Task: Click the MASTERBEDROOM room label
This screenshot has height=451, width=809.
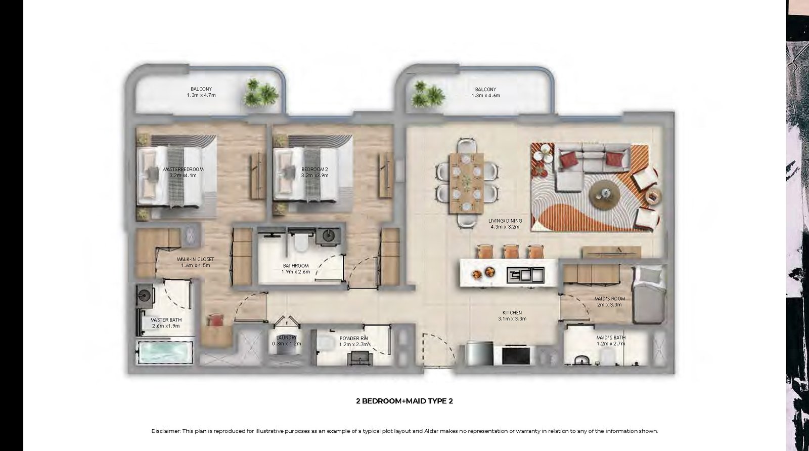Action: (183, 169)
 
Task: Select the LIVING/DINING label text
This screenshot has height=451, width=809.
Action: (505, 221)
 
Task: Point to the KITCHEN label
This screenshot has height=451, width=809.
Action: (512, 312)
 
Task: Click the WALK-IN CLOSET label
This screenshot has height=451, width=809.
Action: (195, 259)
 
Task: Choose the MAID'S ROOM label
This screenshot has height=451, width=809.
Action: (610, 298)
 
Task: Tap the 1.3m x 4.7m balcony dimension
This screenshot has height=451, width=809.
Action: (201, 95)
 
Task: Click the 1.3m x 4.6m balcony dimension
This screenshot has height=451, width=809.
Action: (486, 96)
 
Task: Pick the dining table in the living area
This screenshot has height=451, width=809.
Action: (466, 183)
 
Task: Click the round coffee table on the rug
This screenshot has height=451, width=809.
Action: (605, 195)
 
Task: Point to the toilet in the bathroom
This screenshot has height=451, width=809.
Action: (300, 242)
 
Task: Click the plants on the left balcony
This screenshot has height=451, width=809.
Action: (261, 93)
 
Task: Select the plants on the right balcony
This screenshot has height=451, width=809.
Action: (428, 94)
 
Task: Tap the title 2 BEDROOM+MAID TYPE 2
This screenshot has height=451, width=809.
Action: (404, 401)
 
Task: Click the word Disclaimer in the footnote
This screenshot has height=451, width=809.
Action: (165, 431)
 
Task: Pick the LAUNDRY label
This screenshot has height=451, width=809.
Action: (286, 338)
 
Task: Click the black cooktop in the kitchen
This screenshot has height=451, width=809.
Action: (516, 355)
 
